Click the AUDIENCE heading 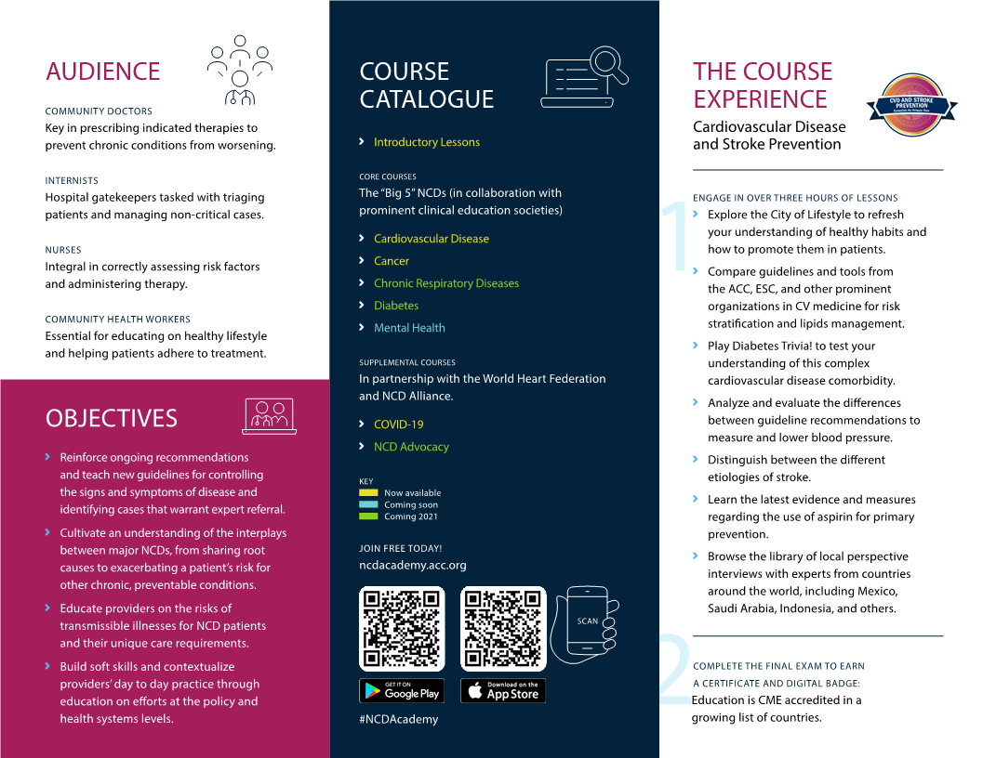[102, 72]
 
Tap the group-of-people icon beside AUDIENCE [240, 69]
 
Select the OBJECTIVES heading [111, 418]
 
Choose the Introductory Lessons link [427, 142]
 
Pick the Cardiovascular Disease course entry [431, 239]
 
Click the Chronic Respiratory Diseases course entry [446, 283]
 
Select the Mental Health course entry [409, 328]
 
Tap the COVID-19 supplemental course [398, 425]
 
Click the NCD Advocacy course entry [411, 447]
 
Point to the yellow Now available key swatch [368, 493]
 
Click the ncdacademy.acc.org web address [413, 565]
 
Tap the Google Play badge [402, 690]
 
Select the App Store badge [503, 690]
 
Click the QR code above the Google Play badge [402, 629]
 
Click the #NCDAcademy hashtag [398, 719]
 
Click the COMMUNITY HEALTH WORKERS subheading [117, 320]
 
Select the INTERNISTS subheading [72, 181]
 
